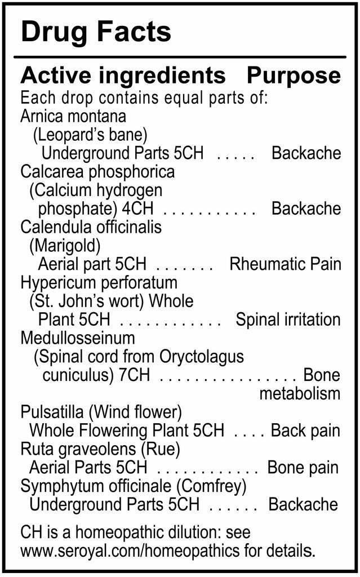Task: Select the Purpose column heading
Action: tap(294, 76)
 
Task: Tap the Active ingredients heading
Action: tap(123, 76)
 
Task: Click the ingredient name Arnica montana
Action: tap(73, 116)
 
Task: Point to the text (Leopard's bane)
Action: tap(90, 135)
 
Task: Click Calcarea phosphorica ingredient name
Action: tap(97, 172)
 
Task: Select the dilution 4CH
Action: tap(137, 208)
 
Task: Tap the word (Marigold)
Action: tap(65, 246)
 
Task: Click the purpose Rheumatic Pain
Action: tap(285, 264)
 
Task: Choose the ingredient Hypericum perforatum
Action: tap(99, 283)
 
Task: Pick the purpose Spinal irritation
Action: tap(288, 319)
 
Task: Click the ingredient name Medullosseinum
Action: tap(78, 338)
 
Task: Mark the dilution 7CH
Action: tap(134, 375)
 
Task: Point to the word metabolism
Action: tap(300, 393)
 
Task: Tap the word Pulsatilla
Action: tap(52, 412)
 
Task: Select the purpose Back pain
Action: tap(305, 430)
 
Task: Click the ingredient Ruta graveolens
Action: tap(78, 449)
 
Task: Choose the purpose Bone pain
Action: tap(303, 468)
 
